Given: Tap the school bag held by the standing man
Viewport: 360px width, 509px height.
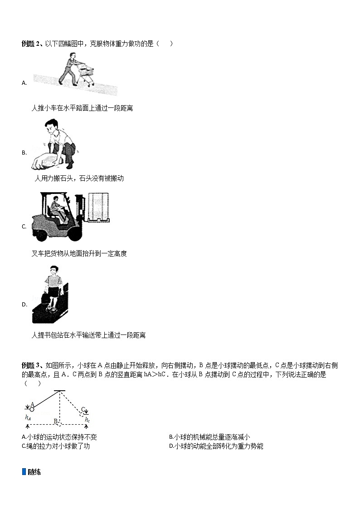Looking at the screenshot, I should coord(46,297).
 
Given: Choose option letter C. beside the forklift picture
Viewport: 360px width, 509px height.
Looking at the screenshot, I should coord(24,227).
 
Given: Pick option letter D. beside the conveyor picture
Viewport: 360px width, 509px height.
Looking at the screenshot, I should coord(24,305).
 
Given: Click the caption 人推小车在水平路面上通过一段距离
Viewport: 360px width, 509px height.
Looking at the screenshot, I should coord(82,108).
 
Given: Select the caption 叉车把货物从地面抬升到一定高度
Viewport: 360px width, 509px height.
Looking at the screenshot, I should coord(79,253).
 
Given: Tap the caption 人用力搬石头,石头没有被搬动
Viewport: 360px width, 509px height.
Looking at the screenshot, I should coord(79,178).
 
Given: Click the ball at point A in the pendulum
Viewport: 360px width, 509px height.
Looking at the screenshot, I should coord(32,409).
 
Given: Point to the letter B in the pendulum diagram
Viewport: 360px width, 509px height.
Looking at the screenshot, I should coord(56,421).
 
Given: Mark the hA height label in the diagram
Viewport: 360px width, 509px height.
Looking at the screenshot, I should coord(28,417).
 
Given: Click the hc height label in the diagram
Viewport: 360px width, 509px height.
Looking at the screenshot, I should coord(88,420).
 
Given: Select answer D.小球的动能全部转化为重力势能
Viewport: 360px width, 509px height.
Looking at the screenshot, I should coord(216,446).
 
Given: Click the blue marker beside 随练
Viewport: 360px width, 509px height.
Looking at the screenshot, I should coord(24,472).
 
